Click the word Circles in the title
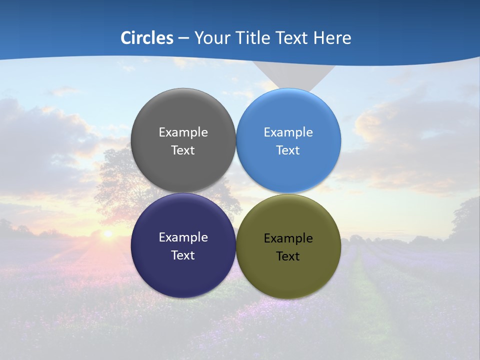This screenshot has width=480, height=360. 147,38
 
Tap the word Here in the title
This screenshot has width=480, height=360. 332,38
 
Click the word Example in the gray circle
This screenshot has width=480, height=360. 183,132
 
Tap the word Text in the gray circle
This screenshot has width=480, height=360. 183,150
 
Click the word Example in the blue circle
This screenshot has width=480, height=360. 288,132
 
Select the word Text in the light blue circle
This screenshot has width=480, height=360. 288,150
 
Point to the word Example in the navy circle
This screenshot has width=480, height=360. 183,237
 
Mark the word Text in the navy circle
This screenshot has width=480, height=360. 183,255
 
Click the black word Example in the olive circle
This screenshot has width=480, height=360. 288,238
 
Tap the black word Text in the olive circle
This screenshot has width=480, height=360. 288,256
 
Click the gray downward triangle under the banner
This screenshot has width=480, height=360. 292,75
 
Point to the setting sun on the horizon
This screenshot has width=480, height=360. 107,233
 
